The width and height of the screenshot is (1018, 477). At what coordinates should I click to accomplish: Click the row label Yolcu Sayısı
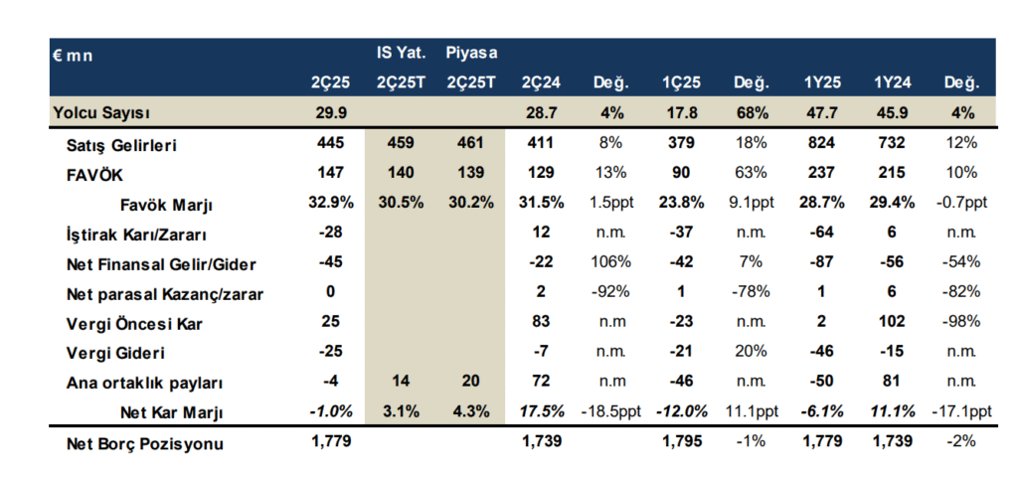(100, 113)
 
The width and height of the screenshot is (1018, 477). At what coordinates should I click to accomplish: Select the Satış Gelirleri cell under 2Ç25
(329, 145)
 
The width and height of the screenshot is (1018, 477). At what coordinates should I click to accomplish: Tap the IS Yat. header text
(400, 52)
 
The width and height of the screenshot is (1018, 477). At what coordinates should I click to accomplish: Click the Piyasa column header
(471, 52)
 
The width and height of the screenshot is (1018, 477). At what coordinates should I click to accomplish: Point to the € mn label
(73, 55)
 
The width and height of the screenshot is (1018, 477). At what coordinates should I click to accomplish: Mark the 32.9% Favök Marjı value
(329, 203)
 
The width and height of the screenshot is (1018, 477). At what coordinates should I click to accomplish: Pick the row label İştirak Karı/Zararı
(130, 235)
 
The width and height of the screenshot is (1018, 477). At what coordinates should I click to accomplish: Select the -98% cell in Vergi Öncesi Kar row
(960, 322)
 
